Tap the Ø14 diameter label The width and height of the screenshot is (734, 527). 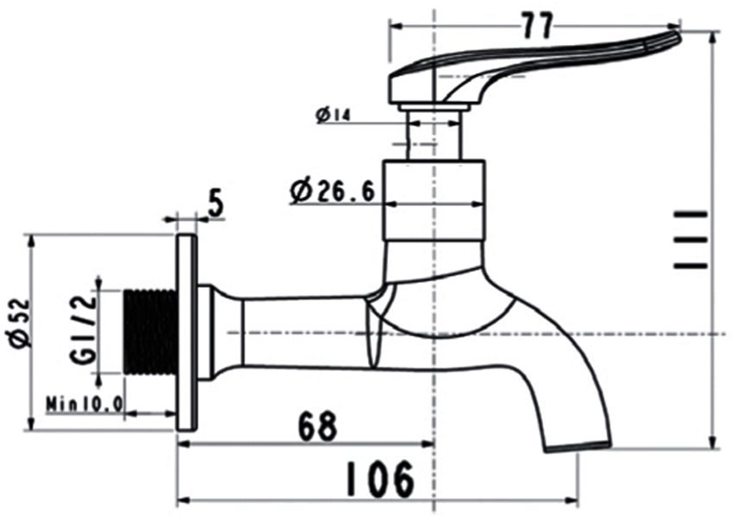(x=332, y=114)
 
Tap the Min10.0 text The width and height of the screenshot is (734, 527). (x=85, y=403)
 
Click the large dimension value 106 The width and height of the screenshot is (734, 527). (x=380, y=480)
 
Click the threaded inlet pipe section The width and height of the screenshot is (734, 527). (x=150, y=332)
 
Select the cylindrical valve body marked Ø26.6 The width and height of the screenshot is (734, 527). (x=433, y=200)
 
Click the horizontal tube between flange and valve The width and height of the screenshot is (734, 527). (x=302, y=332)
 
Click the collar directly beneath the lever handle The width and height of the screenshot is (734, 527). (x=433, y=107)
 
